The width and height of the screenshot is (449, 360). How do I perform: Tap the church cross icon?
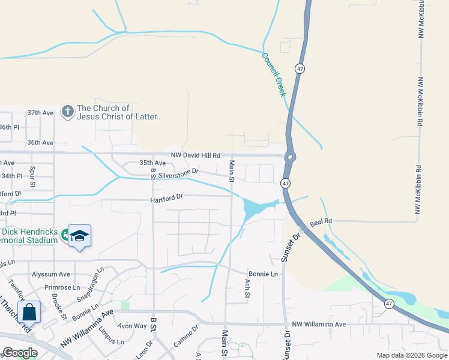pyautogui.click(x=67, y=112)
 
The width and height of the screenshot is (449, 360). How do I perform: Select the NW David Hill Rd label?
pyautogui.click(x=196, y=155)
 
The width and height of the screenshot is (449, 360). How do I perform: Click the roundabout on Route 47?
pyautogui.click(x=291, y=157)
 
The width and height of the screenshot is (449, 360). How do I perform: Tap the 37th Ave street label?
pyautogui.click(x=40, y=113)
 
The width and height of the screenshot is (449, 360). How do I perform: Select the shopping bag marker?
pyautogui.click(x=29, y=312)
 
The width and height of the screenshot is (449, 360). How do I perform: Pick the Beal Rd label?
pyautogui.click(x=321, y=223)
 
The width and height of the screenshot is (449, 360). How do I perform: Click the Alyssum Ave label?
pyautogui.click(x=51, y=274)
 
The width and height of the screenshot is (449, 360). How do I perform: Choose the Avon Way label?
pyautogui.click(x=132, y=326)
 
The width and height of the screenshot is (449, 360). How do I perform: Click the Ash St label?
pyautogui.click(x=247, y=289)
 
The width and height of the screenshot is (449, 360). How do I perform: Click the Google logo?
pyautogui.click(x=20, y=353)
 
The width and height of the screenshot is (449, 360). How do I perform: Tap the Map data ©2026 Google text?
pyautogui.click(x=411, y=355)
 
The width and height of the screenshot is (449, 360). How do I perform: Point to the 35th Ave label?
pyautogui.click(x=152, y=163)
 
